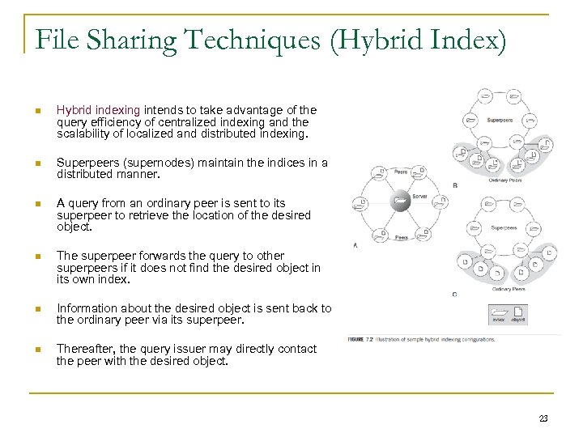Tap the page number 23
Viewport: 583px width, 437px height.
click(x=543, y=418)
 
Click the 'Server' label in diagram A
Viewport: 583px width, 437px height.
click(x=419, y=197)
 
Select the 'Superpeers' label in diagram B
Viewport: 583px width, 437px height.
click(x=500, y=120)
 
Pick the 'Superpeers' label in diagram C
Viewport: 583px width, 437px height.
click(x=504, y=227)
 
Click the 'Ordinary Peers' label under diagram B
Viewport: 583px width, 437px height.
click(x=504, y=180)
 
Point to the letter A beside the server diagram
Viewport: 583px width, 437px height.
click(x=355, y=244)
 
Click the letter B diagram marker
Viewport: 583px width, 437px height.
click(x=454, y=185)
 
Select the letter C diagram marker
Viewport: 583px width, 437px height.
click(x=454, y=294)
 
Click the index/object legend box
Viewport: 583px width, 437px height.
click(x=507, y=314)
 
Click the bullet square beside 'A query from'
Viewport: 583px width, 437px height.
click(x=37, y=204)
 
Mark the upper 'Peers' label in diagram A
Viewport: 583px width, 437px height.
click(x=400, y=172)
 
